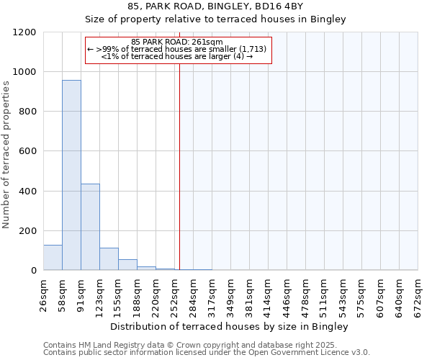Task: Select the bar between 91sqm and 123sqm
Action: coord(90,227)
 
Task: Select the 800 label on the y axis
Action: coord(27,112)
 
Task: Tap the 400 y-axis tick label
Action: coord(27,192)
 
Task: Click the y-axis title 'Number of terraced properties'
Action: coord(6,155)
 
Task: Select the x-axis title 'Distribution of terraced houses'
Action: coord(230,327)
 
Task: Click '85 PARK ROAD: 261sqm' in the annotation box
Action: coord(177,42)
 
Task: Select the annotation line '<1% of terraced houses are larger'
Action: coord(177,56)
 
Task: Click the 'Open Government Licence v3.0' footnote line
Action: coord(207,353)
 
